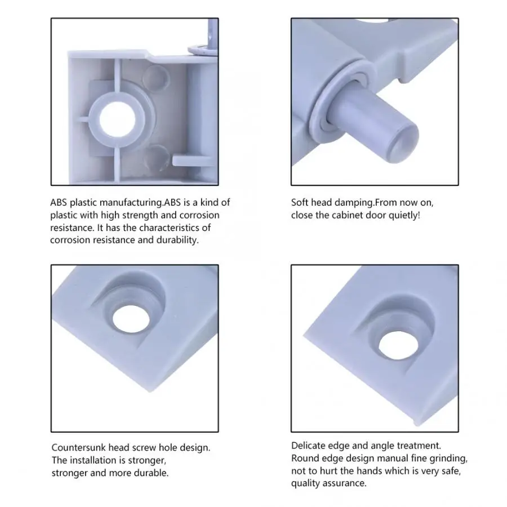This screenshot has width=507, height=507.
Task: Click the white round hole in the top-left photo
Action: pos(117,119)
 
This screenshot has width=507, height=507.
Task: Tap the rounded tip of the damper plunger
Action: pos(406,143)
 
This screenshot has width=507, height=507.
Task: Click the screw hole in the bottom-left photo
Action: pos(131,319)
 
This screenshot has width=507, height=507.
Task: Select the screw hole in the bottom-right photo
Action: pos(397,346)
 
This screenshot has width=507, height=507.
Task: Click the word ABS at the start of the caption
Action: pos(59,202)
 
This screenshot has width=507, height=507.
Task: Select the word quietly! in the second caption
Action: pos(404,215)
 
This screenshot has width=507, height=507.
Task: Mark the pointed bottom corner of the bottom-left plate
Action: pos(150,392)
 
